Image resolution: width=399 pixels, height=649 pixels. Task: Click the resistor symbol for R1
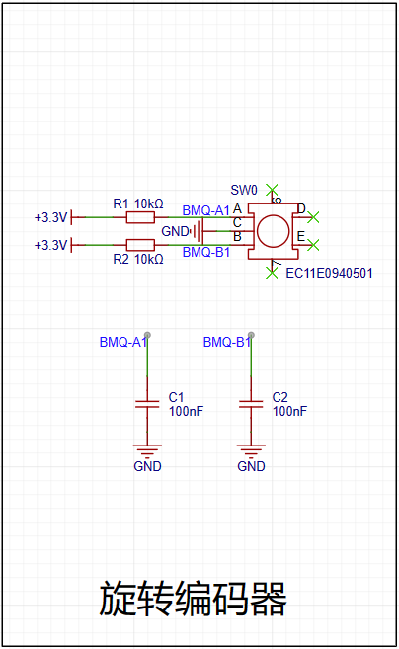coord(140,217)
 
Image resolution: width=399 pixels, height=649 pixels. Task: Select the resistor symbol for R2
coord(140,245)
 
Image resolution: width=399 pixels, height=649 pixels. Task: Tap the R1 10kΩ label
coord(138,203)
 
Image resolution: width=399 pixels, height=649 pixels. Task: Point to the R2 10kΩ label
coord(138,259)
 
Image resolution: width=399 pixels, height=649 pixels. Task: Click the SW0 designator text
coord(244,190)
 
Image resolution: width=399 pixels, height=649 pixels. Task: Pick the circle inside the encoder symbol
coord(273,231)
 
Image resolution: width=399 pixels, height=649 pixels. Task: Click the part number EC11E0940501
coord(330,273)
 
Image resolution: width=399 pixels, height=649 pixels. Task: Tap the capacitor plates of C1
coord(147,404)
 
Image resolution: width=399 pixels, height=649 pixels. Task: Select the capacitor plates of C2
coord(251,404)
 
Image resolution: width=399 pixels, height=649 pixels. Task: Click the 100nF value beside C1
coord(187,411)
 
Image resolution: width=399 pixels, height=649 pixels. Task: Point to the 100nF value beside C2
coord(289,411)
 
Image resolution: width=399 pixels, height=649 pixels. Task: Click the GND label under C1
coord(147,466)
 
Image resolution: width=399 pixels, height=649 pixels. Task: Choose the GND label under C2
coord(251,466)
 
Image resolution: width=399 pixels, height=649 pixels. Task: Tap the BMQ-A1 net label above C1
coord(123,342)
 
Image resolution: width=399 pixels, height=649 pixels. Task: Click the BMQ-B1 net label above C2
coord(227,342)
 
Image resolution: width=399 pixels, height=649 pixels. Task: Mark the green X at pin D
coord(314,217)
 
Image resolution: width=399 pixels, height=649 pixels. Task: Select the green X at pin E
coord(314,245)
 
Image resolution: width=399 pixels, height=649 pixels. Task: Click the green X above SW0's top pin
coord(272,190)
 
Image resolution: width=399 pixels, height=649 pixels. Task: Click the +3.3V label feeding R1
coord(50,217)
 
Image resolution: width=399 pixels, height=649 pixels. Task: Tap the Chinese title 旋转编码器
coord(193,598)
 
